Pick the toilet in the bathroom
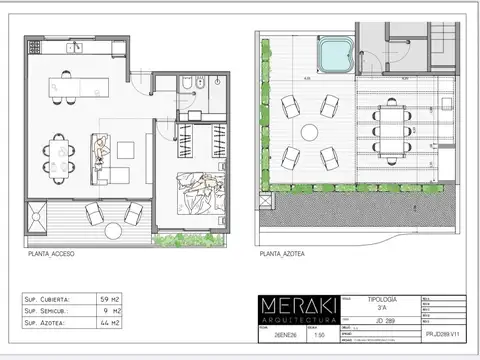pyautogui.click(x=200, y=83)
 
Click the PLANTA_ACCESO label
pyautogui.click(x=51, y=254)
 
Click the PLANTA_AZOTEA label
pyautogui.click(x=282, y=254)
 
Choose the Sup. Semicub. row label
pyautogui.click(x=50, y=312)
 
